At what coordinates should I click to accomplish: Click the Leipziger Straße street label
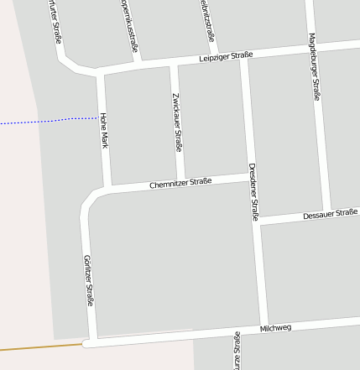tap(226, 56)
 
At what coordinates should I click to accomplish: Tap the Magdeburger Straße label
tap(314, 66)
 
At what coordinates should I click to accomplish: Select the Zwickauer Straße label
tap(177, 122)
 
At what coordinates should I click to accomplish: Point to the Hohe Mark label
tap(103, 130)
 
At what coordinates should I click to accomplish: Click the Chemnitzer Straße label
tap(180, 182)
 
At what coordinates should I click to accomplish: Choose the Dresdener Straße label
tap(253, 192)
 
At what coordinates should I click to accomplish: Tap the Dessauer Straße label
tap(331, 215)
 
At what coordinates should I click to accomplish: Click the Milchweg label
tap(275, 327)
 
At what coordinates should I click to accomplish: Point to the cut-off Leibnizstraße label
tap(208, 20)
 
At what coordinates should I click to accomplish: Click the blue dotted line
tap(50, 121)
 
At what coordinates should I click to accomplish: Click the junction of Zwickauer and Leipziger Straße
tap(175, 64)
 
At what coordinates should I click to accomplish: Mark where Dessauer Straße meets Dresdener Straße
tap(258, 223)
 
